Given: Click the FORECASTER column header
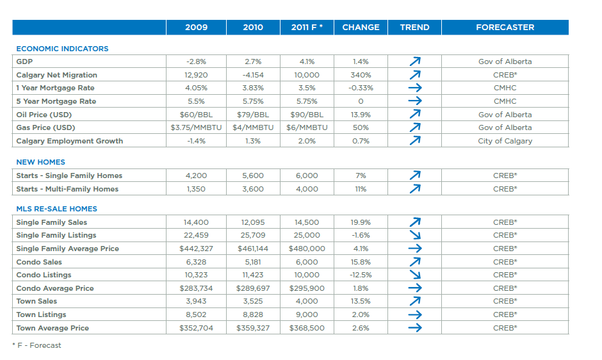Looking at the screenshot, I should coord(505,28).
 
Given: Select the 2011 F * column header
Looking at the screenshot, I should coord(307,28).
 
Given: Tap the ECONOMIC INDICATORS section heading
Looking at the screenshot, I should coord(62,49).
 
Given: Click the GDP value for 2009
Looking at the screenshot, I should coord(196,62).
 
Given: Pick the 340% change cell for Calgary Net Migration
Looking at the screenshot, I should coord(361,75).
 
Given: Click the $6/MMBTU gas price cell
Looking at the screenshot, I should coord(307,127).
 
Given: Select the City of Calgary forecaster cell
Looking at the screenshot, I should coord(505,141).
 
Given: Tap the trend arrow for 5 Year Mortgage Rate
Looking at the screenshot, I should coord(415,101).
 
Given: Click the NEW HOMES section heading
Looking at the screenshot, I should coord(40,162).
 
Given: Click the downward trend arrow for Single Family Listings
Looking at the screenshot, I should coord(415,235).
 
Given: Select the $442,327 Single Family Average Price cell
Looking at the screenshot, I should coord(196,249).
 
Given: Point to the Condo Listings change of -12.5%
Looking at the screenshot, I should coord(361,275).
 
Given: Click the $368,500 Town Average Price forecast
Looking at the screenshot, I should coord(307,328).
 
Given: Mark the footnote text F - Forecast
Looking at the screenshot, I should coord(38,345).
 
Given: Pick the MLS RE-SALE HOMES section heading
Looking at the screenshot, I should coord(56,209).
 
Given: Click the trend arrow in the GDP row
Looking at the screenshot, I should coord(415,62).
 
